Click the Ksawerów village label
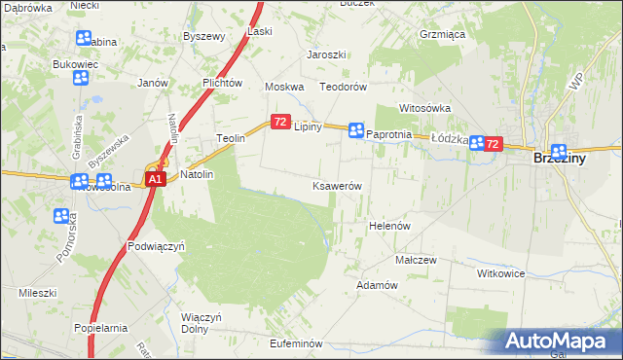337,186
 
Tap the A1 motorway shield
155,179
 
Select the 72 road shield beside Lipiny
279,122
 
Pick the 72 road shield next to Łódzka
493,144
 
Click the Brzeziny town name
559,166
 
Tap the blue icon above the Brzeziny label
558,151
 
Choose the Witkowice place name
500,273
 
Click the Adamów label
378,285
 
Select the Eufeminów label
296,343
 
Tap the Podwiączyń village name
157,247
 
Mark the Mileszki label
37,292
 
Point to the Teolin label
231,138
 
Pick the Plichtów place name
222,84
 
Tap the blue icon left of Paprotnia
356,129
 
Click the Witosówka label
422,108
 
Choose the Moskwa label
286,87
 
